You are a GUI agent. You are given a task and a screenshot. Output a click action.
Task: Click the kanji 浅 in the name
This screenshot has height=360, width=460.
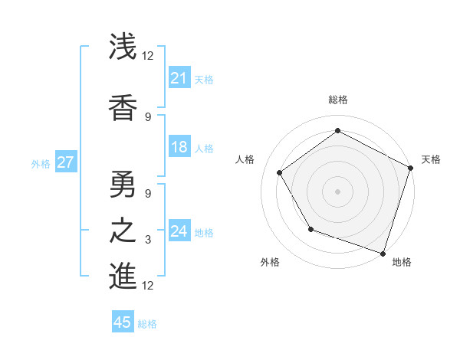123,47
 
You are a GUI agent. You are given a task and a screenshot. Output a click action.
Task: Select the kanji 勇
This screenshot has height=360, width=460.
123,183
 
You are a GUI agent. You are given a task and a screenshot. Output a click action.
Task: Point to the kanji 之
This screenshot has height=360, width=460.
123,229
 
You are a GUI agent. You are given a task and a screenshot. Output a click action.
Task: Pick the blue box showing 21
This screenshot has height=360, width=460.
179,77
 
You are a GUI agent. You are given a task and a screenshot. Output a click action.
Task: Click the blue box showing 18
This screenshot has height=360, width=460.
179,148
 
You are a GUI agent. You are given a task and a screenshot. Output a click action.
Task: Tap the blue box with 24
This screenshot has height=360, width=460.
179,231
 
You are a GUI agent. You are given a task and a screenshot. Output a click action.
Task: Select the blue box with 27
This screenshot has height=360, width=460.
65,162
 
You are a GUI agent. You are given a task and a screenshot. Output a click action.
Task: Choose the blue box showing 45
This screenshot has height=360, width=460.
123,322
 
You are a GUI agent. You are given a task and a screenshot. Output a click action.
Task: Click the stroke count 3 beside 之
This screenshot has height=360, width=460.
148,240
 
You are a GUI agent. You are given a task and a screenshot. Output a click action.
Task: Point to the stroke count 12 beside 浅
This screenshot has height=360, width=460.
148,56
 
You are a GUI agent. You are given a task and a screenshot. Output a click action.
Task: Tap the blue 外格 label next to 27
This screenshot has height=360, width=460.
41,163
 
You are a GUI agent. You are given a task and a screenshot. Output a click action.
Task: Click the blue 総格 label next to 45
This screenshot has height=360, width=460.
147,324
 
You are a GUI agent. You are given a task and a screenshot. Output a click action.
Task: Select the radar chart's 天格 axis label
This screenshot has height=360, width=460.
431,159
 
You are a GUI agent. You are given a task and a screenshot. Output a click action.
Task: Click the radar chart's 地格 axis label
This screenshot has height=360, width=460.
402,262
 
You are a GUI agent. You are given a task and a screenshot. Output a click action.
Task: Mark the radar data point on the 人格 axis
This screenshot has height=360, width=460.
280,172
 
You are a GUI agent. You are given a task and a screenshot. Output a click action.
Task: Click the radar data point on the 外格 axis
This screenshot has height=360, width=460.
310,229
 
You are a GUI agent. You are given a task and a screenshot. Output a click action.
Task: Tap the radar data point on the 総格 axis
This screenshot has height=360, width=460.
338,131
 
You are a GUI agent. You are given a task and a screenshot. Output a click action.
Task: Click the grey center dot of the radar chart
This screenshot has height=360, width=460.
338,191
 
